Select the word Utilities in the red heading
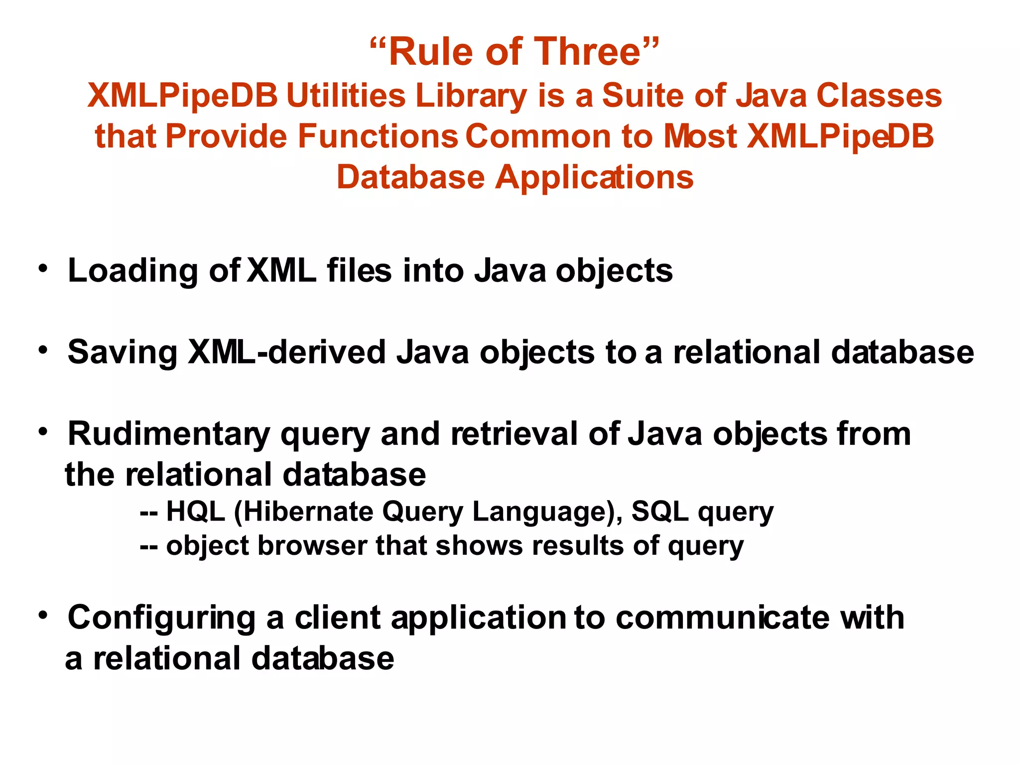[x=346, y=96]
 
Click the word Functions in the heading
[x=378, y=136]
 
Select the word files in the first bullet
[x=359, y=271]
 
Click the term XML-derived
[x=286, y=353]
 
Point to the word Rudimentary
[x=169, y=434]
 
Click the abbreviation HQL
[x=195, y=511]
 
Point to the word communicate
[x=723, y=618]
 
